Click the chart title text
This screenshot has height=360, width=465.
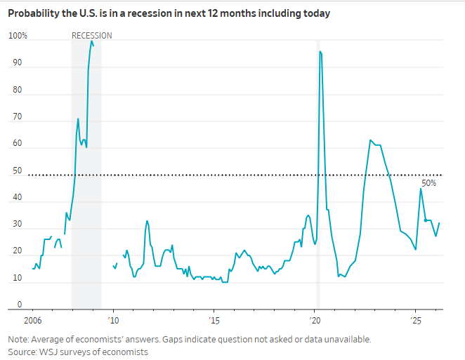169,13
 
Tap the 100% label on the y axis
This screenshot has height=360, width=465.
18,36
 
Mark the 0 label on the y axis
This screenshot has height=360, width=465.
20,305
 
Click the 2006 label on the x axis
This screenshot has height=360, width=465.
33,321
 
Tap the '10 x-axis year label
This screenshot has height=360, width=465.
114,321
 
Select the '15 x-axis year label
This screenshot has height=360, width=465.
215,321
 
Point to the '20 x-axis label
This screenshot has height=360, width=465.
315,321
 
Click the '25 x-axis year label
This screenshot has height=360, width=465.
416,321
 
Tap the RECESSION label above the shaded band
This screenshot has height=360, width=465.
91,36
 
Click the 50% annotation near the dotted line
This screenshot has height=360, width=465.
428,183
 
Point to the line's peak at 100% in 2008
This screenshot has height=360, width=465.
91,41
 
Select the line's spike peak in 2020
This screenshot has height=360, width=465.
320,51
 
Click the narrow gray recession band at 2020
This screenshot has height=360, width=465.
317,211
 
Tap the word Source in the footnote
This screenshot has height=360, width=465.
22,352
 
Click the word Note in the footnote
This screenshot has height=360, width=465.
18,339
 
